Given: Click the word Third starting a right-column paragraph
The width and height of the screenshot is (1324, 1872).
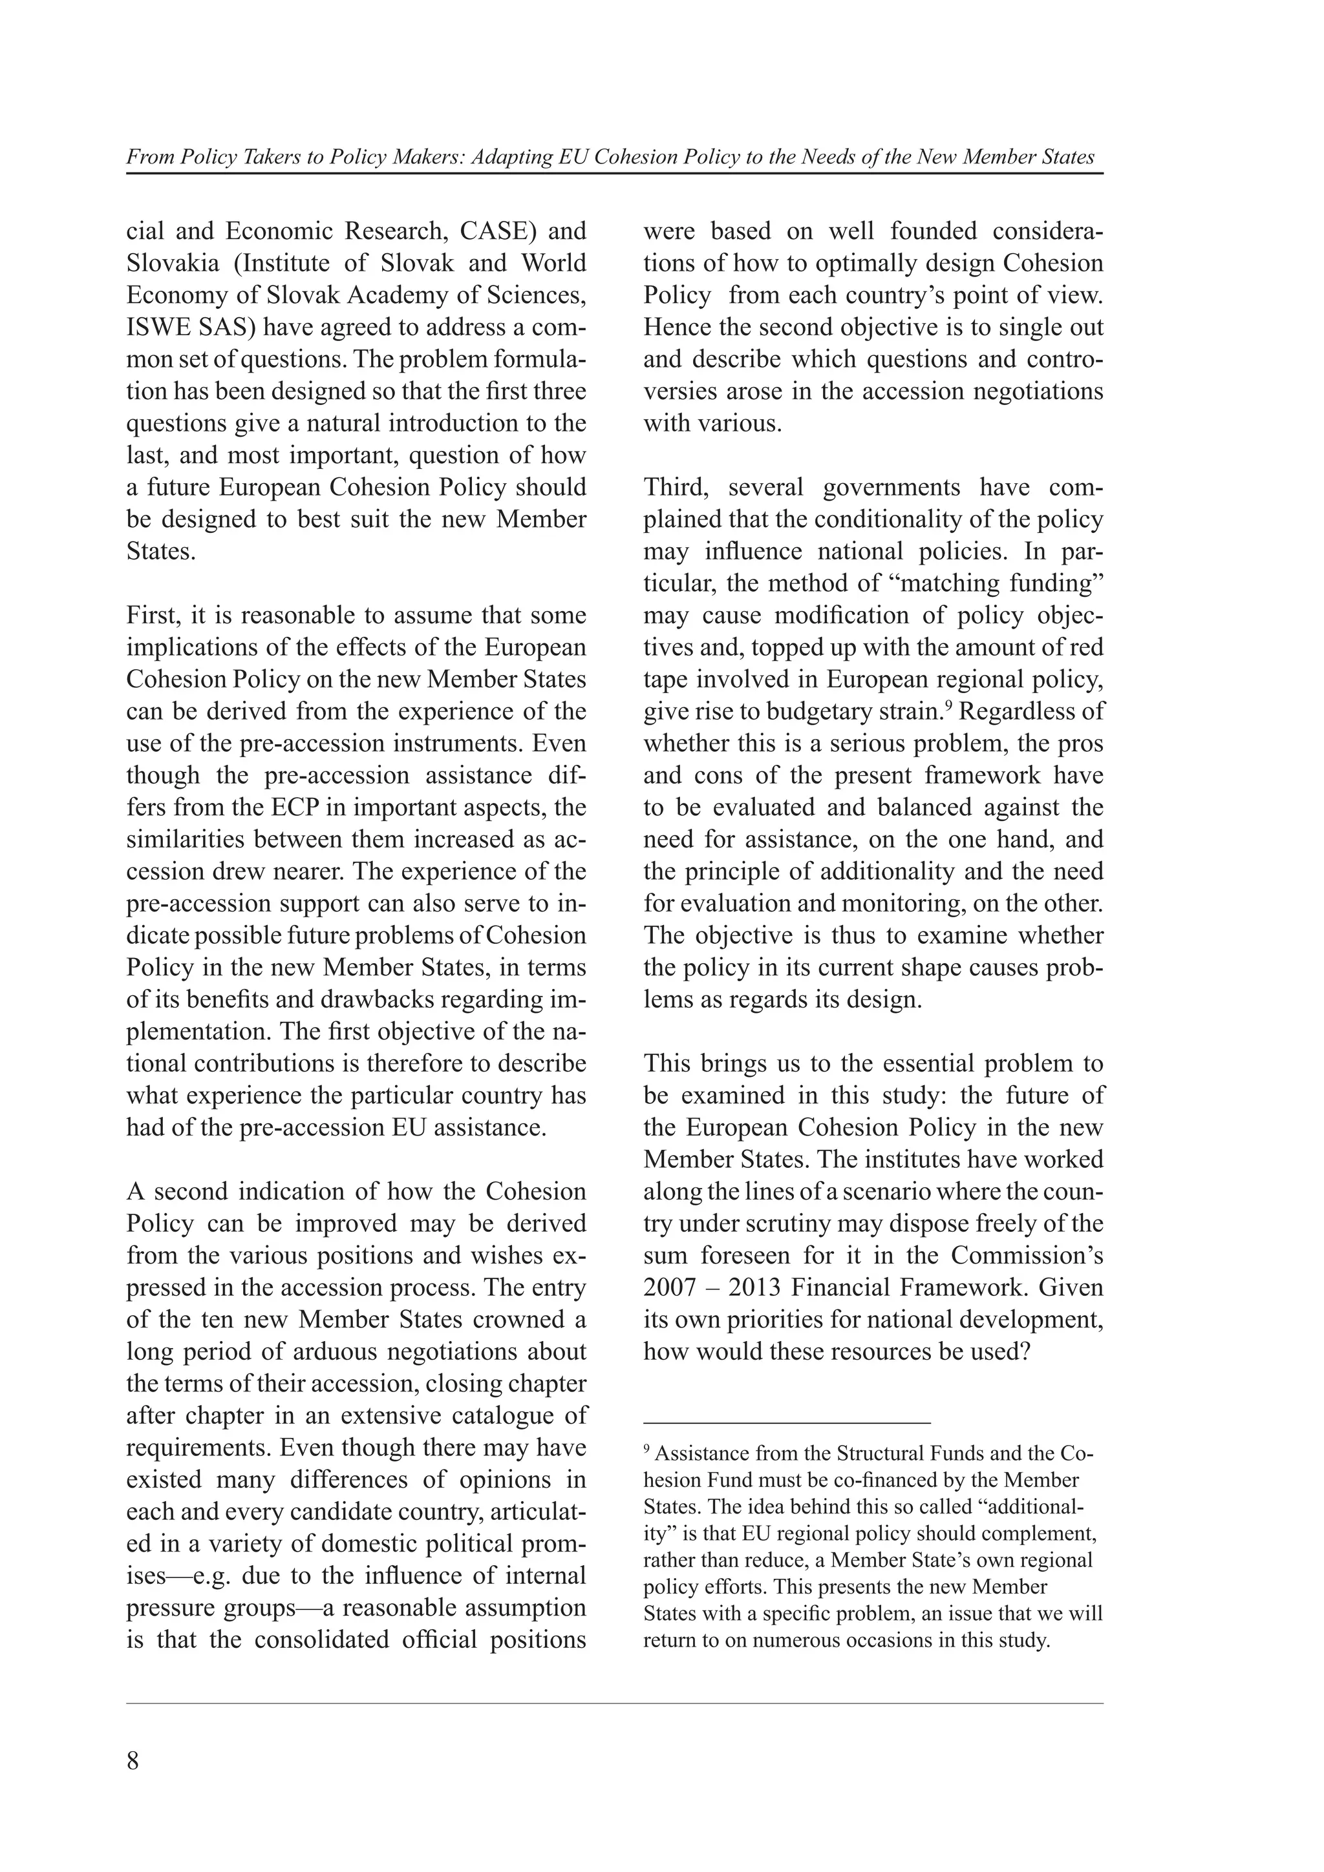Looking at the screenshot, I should point(676,488).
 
